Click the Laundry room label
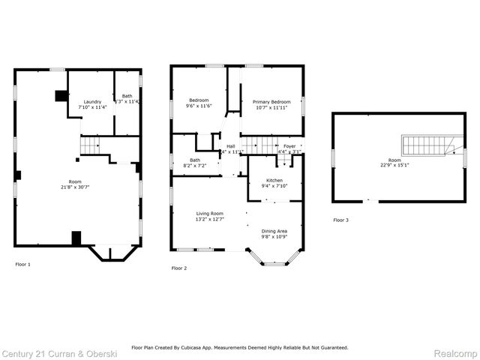92,101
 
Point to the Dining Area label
274,231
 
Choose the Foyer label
289,146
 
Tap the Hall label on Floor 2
231,146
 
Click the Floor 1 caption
23,264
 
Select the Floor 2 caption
179,268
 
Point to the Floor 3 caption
341,220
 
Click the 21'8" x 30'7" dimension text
75,187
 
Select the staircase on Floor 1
91,145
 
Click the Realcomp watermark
456,352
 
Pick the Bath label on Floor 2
195,160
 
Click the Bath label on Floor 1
127,96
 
